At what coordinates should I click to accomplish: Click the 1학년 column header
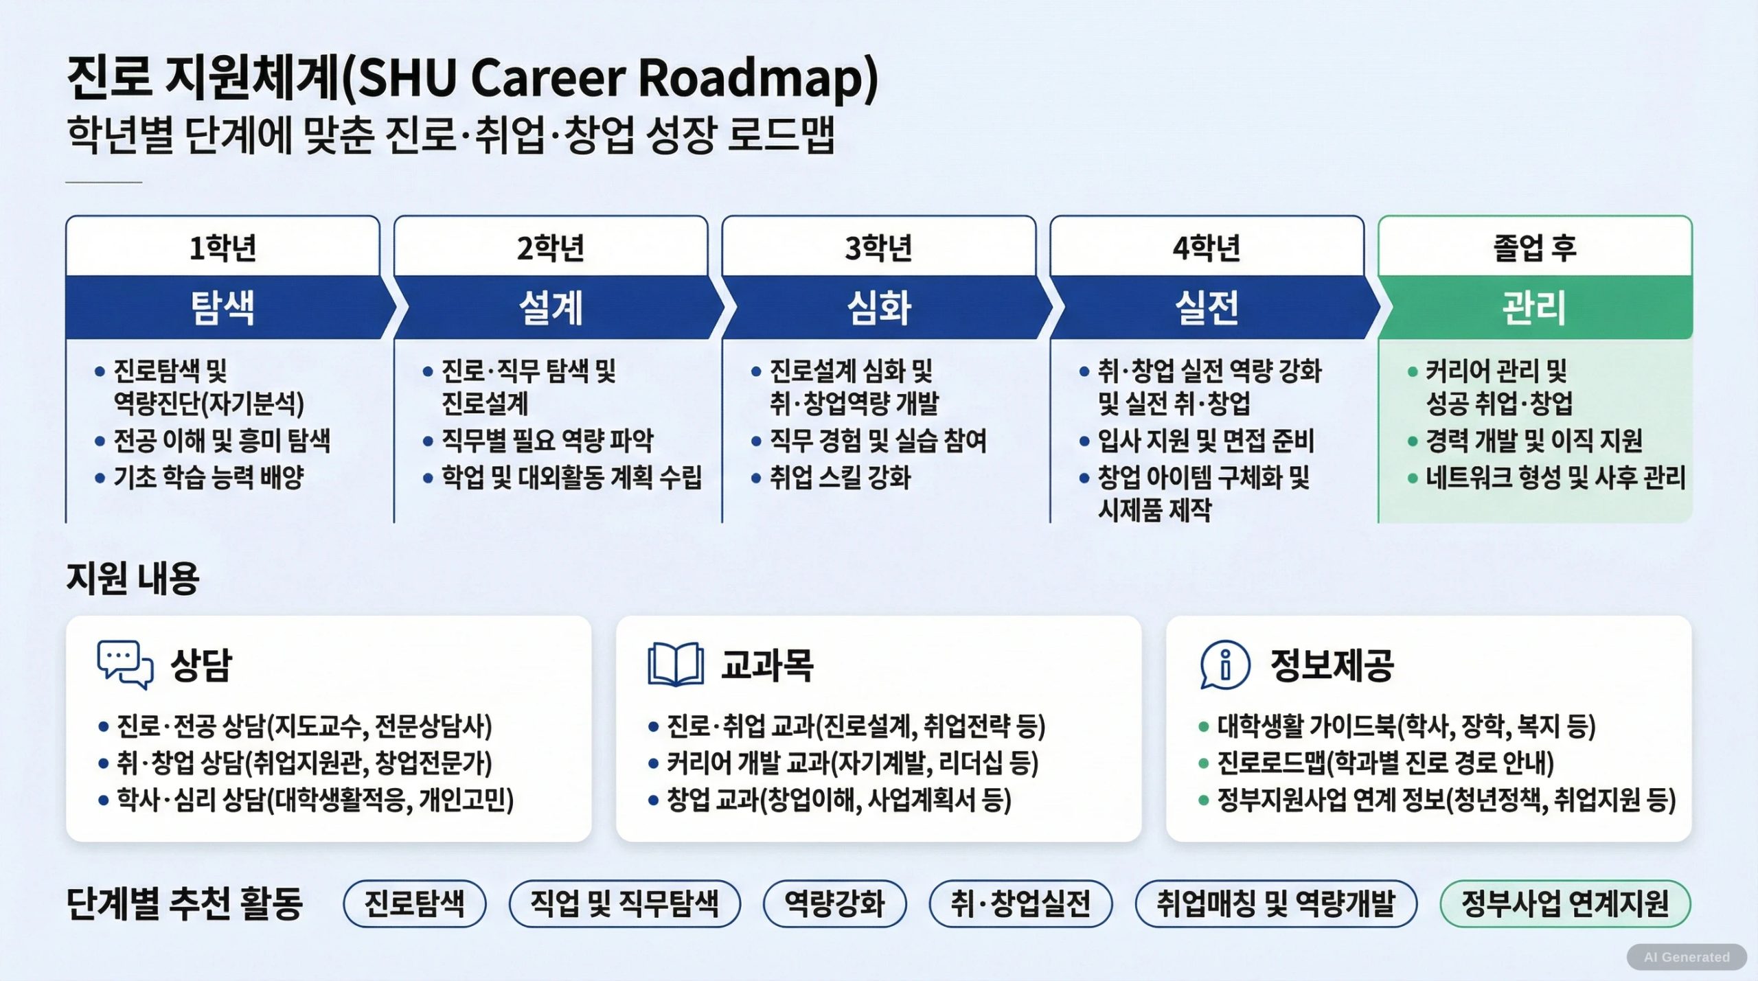222,247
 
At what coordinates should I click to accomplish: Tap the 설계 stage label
551,308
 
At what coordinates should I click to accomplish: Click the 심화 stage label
879,308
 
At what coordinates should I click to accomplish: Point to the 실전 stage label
1207,308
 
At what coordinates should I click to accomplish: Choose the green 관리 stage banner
1536,308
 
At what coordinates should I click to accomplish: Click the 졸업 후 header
1535,247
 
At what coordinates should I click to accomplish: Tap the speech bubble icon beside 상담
125,665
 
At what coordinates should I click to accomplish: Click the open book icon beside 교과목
676,664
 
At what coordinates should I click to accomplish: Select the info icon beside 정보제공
1225,665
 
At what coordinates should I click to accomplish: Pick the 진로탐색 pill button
415,903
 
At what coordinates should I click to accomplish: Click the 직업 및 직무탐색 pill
625,903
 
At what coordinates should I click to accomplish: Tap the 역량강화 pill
835,903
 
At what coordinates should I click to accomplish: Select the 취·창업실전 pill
1020,903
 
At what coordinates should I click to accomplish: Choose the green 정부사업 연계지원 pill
1565,903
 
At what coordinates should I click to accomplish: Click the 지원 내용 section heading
133,578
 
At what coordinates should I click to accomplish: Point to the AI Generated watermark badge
1687,957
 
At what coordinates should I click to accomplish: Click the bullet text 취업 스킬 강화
840,477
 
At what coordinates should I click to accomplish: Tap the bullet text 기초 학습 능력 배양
209,477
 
